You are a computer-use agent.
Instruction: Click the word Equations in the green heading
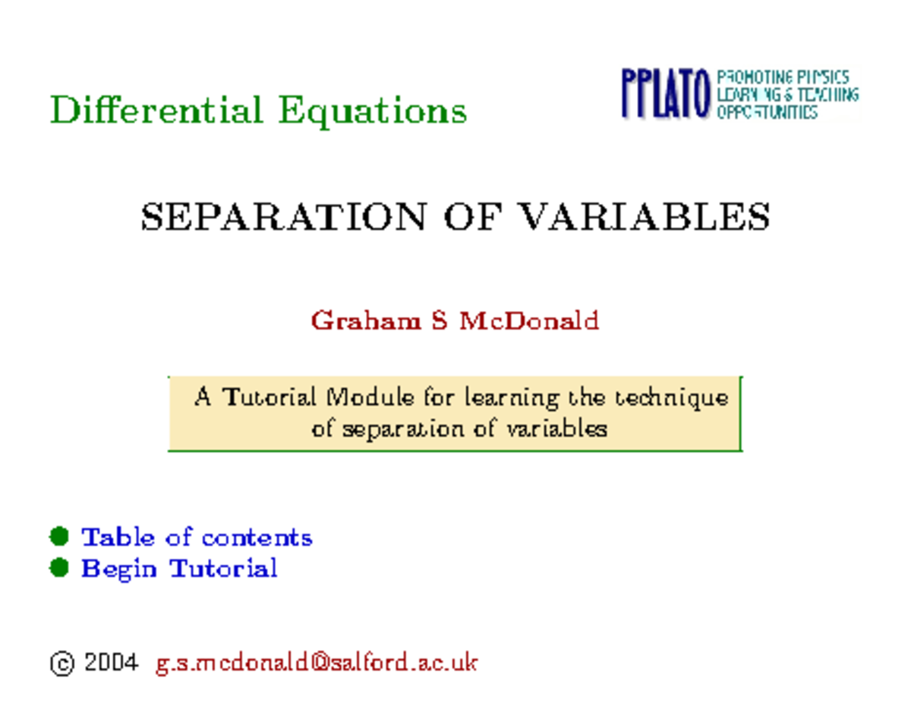point(372,111)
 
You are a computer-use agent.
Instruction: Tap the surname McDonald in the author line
point(528,321)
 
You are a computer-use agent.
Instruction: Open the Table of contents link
point(197,538)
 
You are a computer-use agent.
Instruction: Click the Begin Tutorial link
point(179,568)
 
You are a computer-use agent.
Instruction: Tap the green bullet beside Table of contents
point(59,537)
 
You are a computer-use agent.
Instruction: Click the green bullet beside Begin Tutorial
point(59,567)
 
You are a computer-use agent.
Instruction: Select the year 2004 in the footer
point(111,663)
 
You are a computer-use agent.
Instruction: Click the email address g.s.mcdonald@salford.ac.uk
point(317,663)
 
